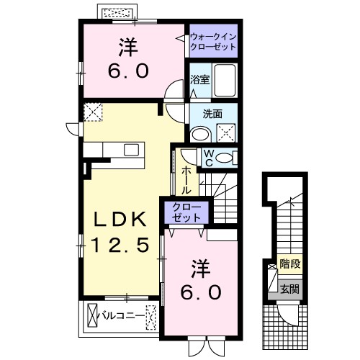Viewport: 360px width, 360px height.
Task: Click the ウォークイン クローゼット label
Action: click(214, 40)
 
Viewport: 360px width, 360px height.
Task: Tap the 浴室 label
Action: click(200, 80)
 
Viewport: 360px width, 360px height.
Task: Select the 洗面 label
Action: click(212, 113)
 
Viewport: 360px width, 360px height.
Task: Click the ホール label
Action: click(186, 179)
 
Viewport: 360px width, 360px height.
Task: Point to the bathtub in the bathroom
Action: click(225, 81)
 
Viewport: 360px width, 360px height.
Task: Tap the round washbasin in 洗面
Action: click(200, 132)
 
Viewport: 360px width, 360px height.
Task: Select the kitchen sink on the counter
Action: click(131, 149)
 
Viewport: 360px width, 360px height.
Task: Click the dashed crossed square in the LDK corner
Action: click(92, 112)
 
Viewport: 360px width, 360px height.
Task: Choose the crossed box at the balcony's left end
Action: click(93, 315)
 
